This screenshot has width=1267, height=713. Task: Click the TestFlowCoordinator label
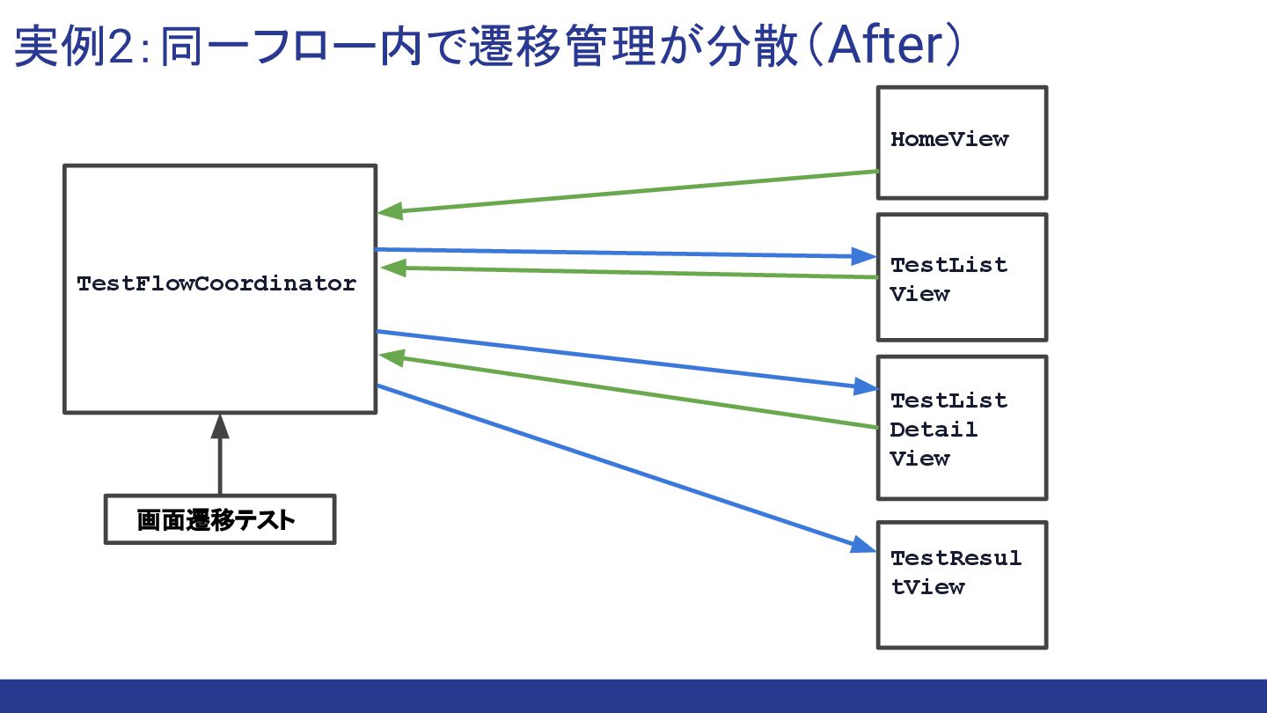pyautogui.click(x=216, y=284)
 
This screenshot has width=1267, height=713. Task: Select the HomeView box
pyautogui.click(x=961, y=142)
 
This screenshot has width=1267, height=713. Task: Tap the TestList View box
pyautogui.click(x=961, y=277)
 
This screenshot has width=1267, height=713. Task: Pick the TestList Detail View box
pyautogui.click(x=961, y=428)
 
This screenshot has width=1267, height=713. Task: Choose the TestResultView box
pyautogui.click(x=961, y=585)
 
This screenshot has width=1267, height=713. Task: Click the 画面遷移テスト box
pyautogui.click(x=220, y=519)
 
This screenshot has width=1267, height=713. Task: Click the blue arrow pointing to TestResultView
pyautogui.click(x=616, y=467)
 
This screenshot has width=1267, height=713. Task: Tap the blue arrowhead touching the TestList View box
pyautogui.click(x=864, y=256)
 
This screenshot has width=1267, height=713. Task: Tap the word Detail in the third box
pyautogui.click(x=933, y=430)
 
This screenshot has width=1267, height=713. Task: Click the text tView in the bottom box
pyautogui.click(x=927, y=587)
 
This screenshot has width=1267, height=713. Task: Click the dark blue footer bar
pyautogui.click(x=633, y=695)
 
